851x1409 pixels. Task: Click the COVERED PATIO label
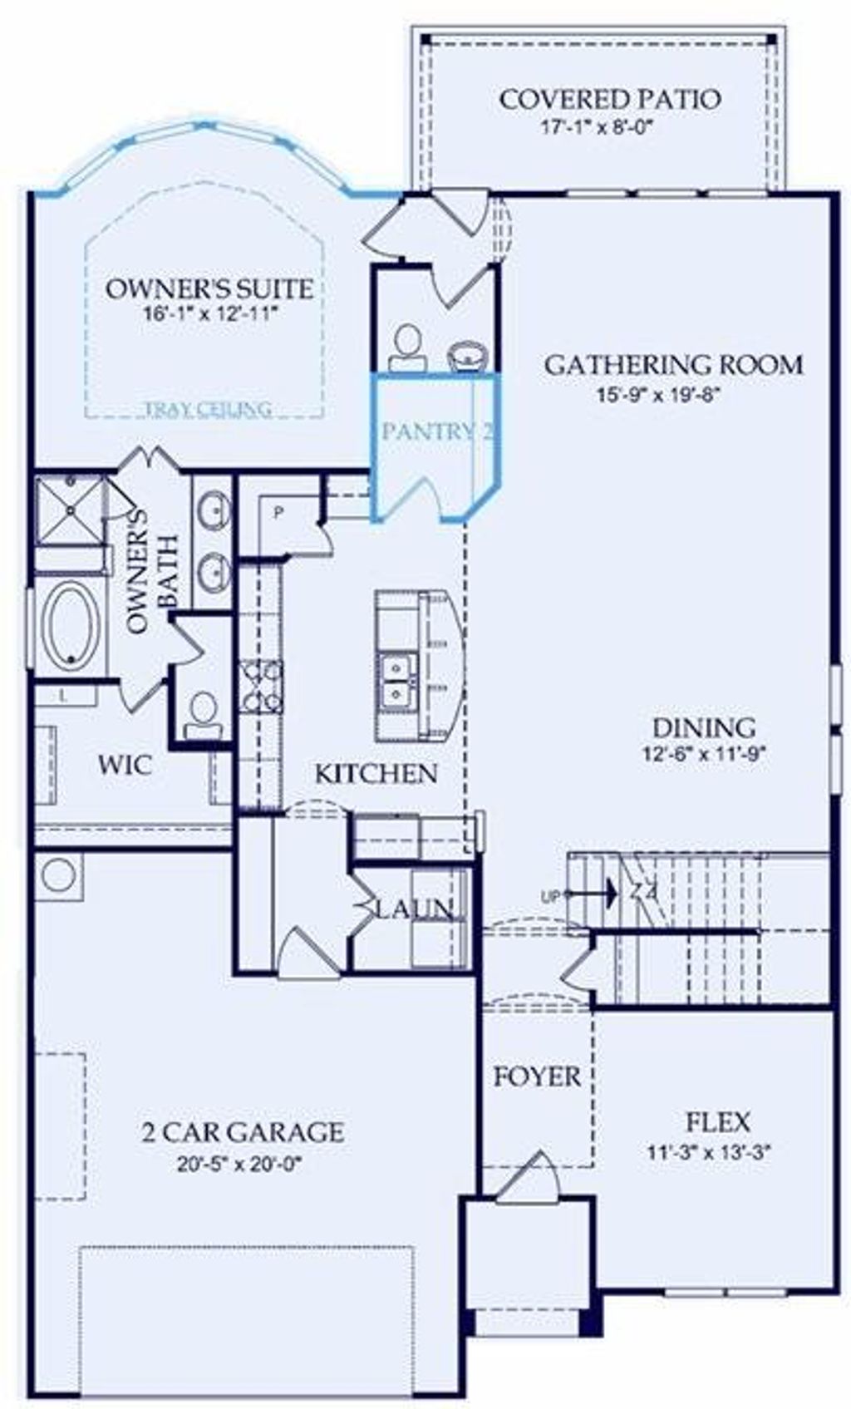tap(609, 100)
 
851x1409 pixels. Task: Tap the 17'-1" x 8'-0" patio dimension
tap(598, 128)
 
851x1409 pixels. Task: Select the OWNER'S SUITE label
tap(209, 289)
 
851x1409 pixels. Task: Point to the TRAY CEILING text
tap(208, 409)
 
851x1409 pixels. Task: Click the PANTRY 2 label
tap(437, 431)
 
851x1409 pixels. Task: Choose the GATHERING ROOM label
tap(673, 365)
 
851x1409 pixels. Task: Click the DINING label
tap(703, 728)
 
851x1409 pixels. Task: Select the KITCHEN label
tap(376, 774)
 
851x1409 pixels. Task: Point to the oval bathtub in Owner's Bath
tap(71, 625)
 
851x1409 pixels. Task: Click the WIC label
tap(125, 765)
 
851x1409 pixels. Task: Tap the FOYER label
tap(536, 1077)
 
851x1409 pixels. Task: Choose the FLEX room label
tap(718, 1122)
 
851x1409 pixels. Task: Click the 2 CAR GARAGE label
tap(242, 1132)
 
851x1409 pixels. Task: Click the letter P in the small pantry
tap(278, 513)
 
